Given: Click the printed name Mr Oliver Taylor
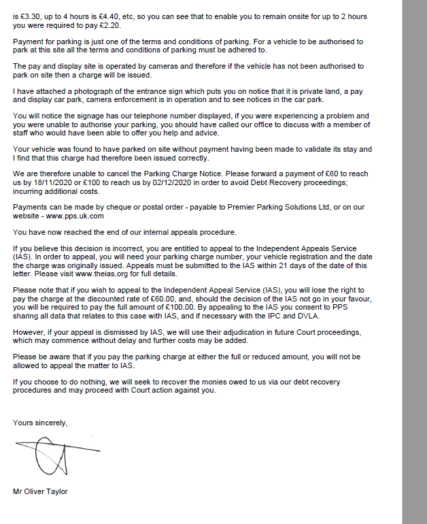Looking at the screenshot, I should coord(40,491).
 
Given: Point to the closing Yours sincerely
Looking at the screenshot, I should coord(40,423).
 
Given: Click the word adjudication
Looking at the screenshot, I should coord(221,331).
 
